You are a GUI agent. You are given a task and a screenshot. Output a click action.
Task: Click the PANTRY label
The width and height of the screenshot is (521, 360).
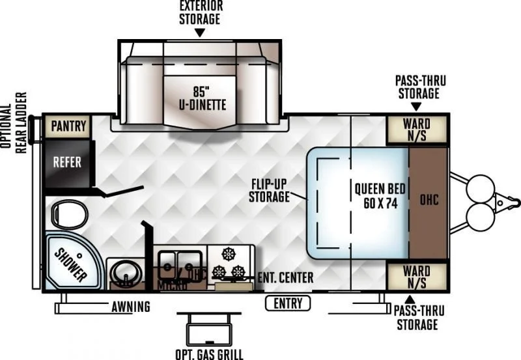(68, 126)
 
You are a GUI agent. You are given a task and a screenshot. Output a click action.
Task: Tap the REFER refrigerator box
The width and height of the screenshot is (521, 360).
(68, 161)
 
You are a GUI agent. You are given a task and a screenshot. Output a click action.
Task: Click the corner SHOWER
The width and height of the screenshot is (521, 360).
(70, 263)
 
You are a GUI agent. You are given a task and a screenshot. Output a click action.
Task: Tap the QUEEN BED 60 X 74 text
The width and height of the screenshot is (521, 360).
(380, 195)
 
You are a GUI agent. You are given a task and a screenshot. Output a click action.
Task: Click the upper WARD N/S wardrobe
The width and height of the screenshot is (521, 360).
(416, 129)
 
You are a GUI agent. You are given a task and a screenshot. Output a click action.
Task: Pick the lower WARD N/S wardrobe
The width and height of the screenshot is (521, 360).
(416, 276)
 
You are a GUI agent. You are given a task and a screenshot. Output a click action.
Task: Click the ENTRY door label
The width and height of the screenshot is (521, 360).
(288, 303)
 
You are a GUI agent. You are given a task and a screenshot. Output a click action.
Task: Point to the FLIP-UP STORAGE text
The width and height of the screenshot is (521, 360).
(269, 189)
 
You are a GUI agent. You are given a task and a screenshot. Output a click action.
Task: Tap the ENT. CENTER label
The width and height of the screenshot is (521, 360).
(285, 278)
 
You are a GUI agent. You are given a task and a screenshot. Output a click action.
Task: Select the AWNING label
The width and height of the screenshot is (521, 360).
(130, 307)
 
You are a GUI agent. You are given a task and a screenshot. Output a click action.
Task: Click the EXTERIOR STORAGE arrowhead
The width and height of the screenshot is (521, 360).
(200, 33)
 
